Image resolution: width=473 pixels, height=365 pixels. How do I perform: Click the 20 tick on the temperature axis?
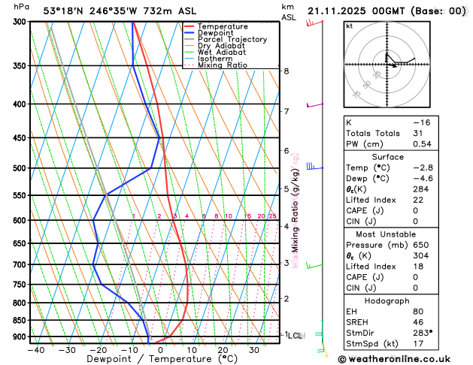pyautogui.click(x=223, y=350)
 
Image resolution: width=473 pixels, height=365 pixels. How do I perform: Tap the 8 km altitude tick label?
pyautogui.click(x=286, y=71)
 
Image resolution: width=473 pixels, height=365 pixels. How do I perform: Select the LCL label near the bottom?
pyautogui.click(x=295, y=335)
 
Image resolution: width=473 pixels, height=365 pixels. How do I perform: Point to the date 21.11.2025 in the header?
pyautogui.click(x=342, y=11)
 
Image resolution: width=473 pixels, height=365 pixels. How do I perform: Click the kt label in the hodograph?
pyautogui.click(x=349, y=26)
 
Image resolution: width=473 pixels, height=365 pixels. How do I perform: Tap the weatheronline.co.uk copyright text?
pyautogui.click(x=406, y=359)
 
